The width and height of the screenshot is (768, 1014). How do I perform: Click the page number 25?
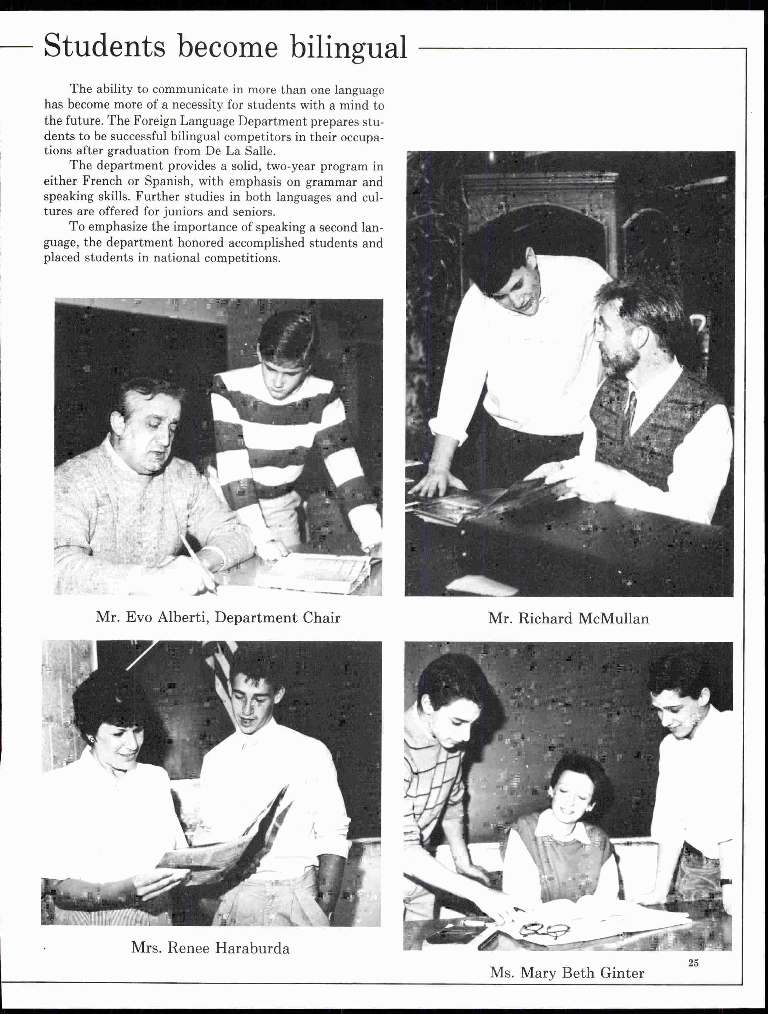[x=693, y=963]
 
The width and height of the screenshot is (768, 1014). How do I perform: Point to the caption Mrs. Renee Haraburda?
[x=210, y=948]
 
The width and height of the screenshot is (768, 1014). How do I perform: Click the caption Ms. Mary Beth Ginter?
[x=567, y=973]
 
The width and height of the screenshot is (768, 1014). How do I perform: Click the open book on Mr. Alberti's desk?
[x=316, y=571]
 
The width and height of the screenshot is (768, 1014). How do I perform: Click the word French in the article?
[x=102, y=181]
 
